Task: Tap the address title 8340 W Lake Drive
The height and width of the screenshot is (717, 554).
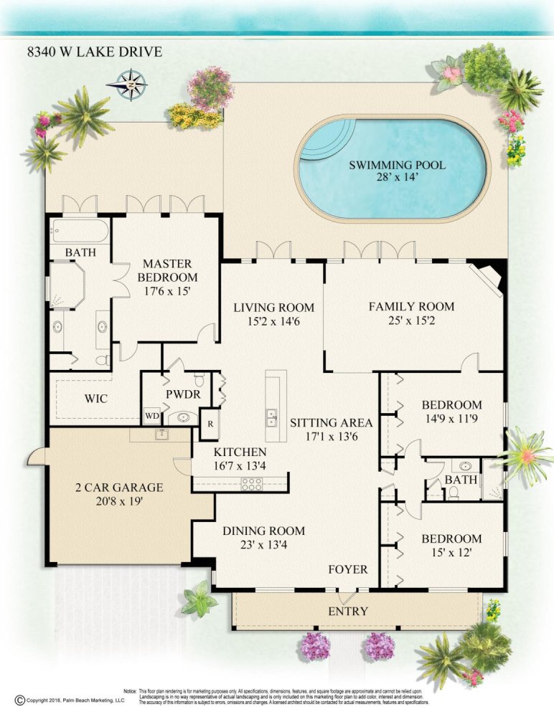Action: (95, 52)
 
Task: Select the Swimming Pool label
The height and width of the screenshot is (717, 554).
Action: (397, 165)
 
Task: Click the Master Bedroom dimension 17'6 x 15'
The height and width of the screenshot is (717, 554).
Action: (167, 291)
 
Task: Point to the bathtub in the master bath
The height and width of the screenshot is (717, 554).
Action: (80, 230)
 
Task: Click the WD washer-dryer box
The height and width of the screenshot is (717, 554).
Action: (152, 416)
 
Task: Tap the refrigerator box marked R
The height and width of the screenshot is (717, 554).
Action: (210, 424)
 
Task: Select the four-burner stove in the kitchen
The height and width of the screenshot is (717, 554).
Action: (252, 484)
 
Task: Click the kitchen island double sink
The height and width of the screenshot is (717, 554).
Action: (272, 417)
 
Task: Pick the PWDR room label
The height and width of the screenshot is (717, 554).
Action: (183, 394)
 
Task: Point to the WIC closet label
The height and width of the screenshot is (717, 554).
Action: (96, 398)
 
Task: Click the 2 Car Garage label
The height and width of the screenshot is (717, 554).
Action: (119, 488)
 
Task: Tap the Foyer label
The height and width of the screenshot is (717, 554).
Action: (348, 569)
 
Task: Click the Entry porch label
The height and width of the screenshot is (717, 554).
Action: (348, 611)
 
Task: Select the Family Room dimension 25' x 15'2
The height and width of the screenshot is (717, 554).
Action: (412, 320)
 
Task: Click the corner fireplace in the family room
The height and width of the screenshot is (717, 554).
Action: (490, 277)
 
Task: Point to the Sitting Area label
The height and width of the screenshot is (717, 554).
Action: (332, 422)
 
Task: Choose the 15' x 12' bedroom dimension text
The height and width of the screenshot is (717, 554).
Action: (451, 552)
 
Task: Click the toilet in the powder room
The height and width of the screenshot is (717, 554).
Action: (199, 379)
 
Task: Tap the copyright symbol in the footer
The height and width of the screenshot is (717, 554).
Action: (19, 700)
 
